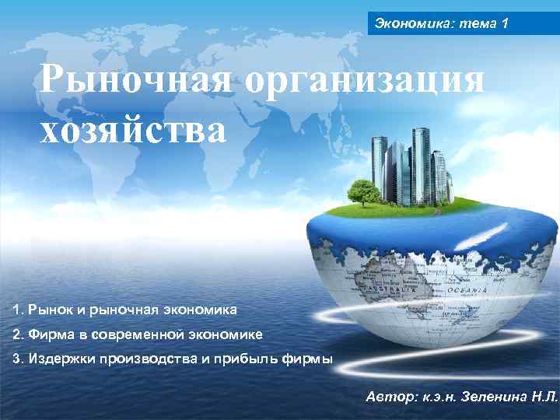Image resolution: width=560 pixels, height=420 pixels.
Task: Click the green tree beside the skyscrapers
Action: (362, 188)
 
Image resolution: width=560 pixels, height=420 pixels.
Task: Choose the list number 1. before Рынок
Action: (18, 310)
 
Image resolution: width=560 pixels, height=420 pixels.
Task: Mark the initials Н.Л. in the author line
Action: (541, 396)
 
